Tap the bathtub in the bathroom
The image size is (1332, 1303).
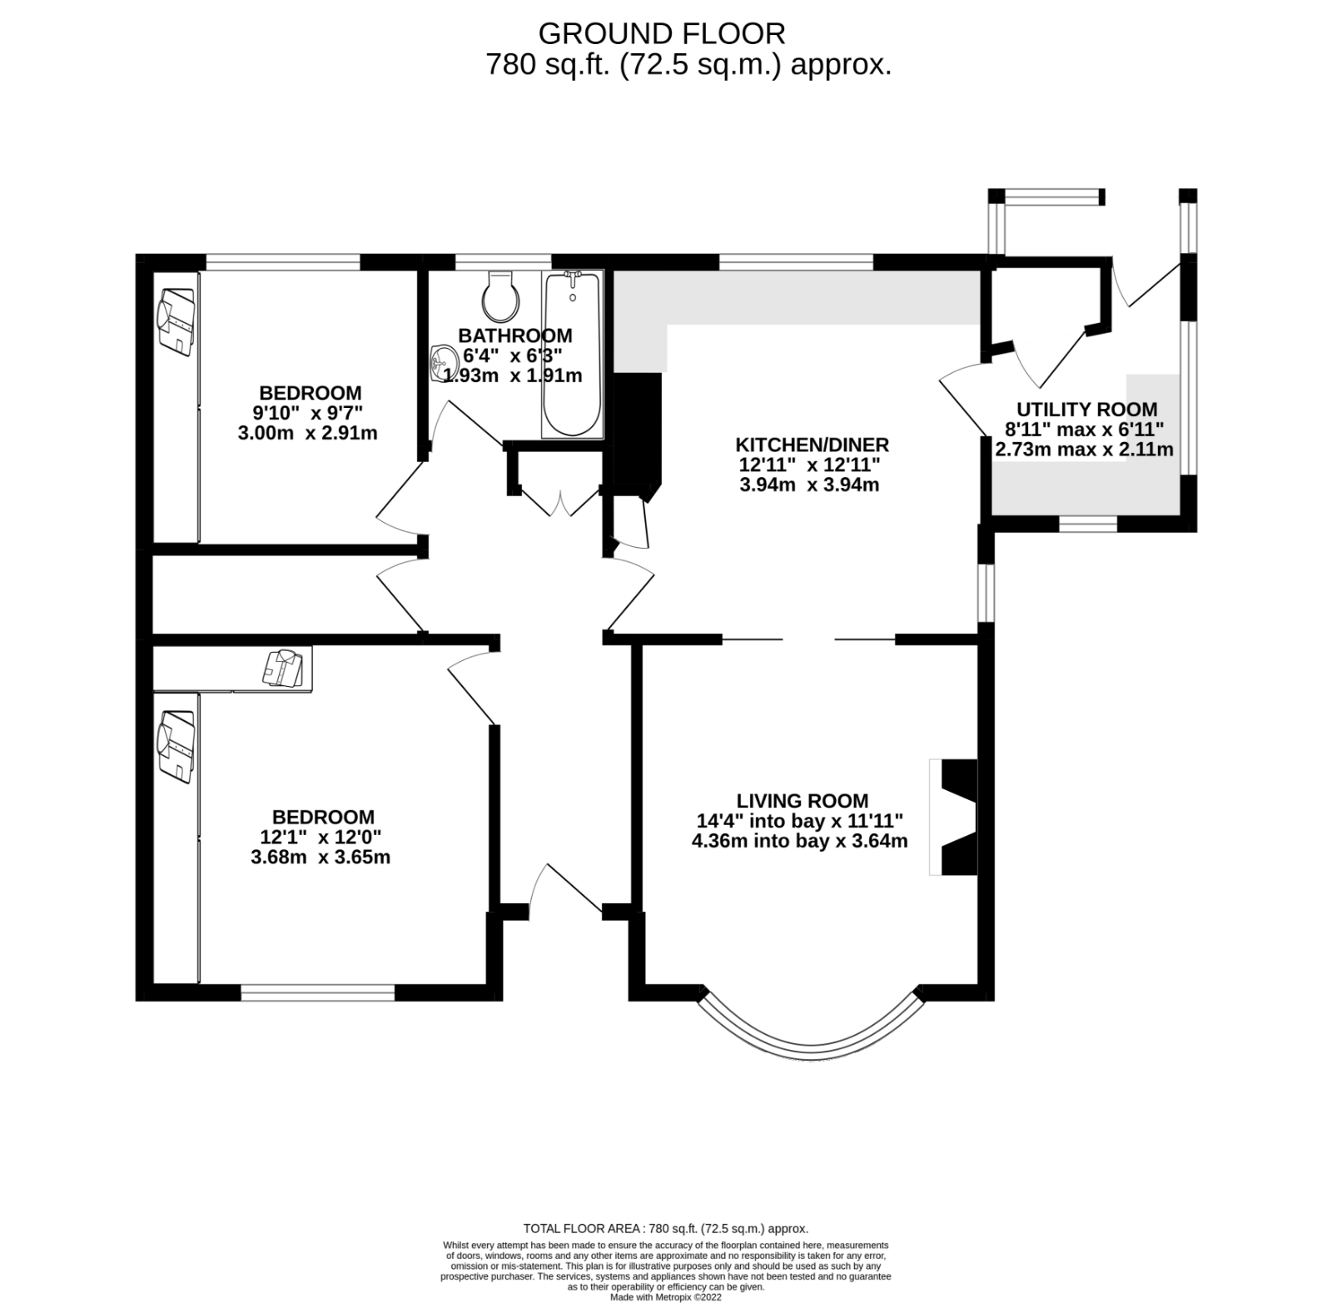point(572,354)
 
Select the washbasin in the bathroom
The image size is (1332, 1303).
point(442,364)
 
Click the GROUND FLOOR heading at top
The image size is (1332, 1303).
point(662,33)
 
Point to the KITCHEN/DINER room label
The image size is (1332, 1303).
point(812,445)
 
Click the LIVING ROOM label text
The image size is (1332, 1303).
point(802,801)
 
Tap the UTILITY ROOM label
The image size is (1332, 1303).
point(1086,410)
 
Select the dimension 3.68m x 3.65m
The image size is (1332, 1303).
point(321,857)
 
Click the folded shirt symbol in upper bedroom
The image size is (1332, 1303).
point(176,321)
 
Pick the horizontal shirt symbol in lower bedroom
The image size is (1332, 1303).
point(283,668)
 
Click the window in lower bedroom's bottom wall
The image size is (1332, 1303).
point(317,992)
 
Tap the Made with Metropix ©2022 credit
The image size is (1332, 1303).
point(665,1296)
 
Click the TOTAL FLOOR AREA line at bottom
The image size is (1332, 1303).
point(665,1228)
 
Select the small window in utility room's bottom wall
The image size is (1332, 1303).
point(1087,524)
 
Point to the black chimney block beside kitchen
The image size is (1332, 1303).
point(638,429)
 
